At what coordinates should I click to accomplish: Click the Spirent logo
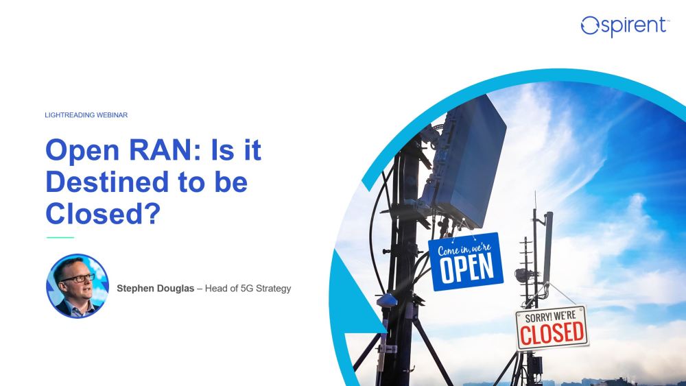click(624, 25)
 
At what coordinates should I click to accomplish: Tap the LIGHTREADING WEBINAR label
click(86, 115)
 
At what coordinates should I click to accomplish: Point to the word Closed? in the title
click(102, 214)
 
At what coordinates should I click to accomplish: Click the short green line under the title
click(60, 237)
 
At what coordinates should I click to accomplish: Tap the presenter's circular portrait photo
click(77, 285)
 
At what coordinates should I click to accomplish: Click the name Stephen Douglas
click(155, 289)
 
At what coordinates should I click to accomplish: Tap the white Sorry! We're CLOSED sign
click(552, 328)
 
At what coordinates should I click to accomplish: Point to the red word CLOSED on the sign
click(552, 333)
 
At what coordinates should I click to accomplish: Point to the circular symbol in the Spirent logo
click(589, 26)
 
